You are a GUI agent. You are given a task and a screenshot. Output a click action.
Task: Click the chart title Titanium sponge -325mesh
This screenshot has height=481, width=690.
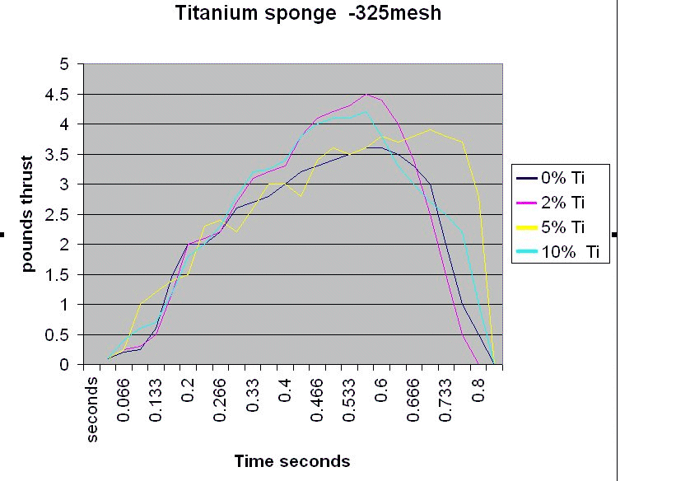(308, 14)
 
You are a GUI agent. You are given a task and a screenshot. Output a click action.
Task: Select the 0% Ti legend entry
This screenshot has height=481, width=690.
(564, 176)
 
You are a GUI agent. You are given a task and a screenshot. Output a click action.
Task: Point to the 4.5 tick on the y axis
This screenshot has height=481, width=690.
(62, 94)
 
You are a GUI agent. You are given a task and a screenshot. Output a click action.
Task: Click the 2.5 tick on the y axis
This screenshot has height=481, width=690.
(62, 214)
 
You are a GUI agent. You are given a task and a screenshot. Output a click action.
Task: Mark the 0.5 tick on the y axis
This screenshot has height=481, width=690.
(62, 334)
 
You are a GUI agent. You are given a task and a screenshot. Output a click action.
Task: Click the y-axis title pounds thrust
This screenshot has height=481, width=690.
(28, 214)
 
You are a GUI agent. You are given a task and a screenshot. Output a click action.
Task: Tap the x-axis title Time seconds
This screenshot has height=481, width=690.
(292, 461)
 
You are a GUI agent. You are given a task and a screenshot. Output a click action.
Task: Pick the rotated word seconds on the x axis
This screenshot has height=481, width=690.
(92, 409)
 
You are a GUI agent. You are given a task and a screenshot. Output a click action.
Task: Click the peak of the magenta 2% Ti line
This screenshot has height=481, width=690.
(366, 94)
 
